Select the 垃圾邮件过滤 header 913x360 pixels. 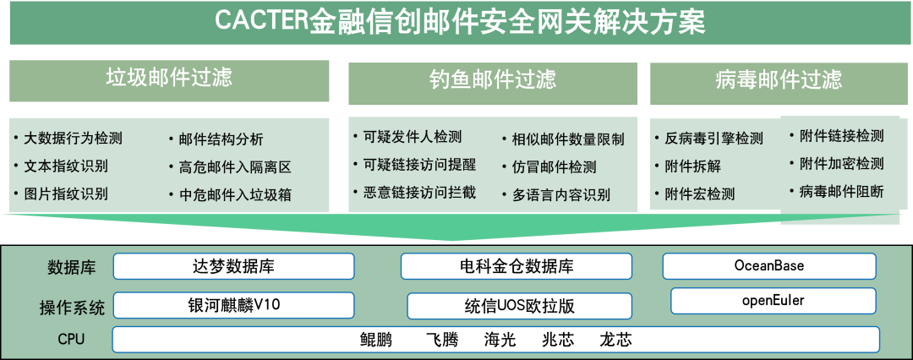169,79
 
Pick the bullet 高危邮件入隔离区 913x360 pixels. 229,166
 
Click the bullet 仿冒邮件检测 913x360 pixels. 554,166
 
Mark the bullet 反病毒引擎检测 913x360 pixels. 713,139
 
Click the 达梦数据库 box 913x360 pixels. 233,266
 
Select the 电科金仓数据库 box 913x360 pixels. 516,266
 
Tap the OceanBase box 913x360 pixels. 769,265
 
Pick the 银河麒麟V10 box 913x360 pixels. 233,304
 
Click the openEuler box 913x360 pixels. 773,300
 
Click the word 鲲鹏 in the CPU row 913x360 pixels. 376,340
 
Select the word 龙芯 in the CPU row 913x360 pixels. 615,340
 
